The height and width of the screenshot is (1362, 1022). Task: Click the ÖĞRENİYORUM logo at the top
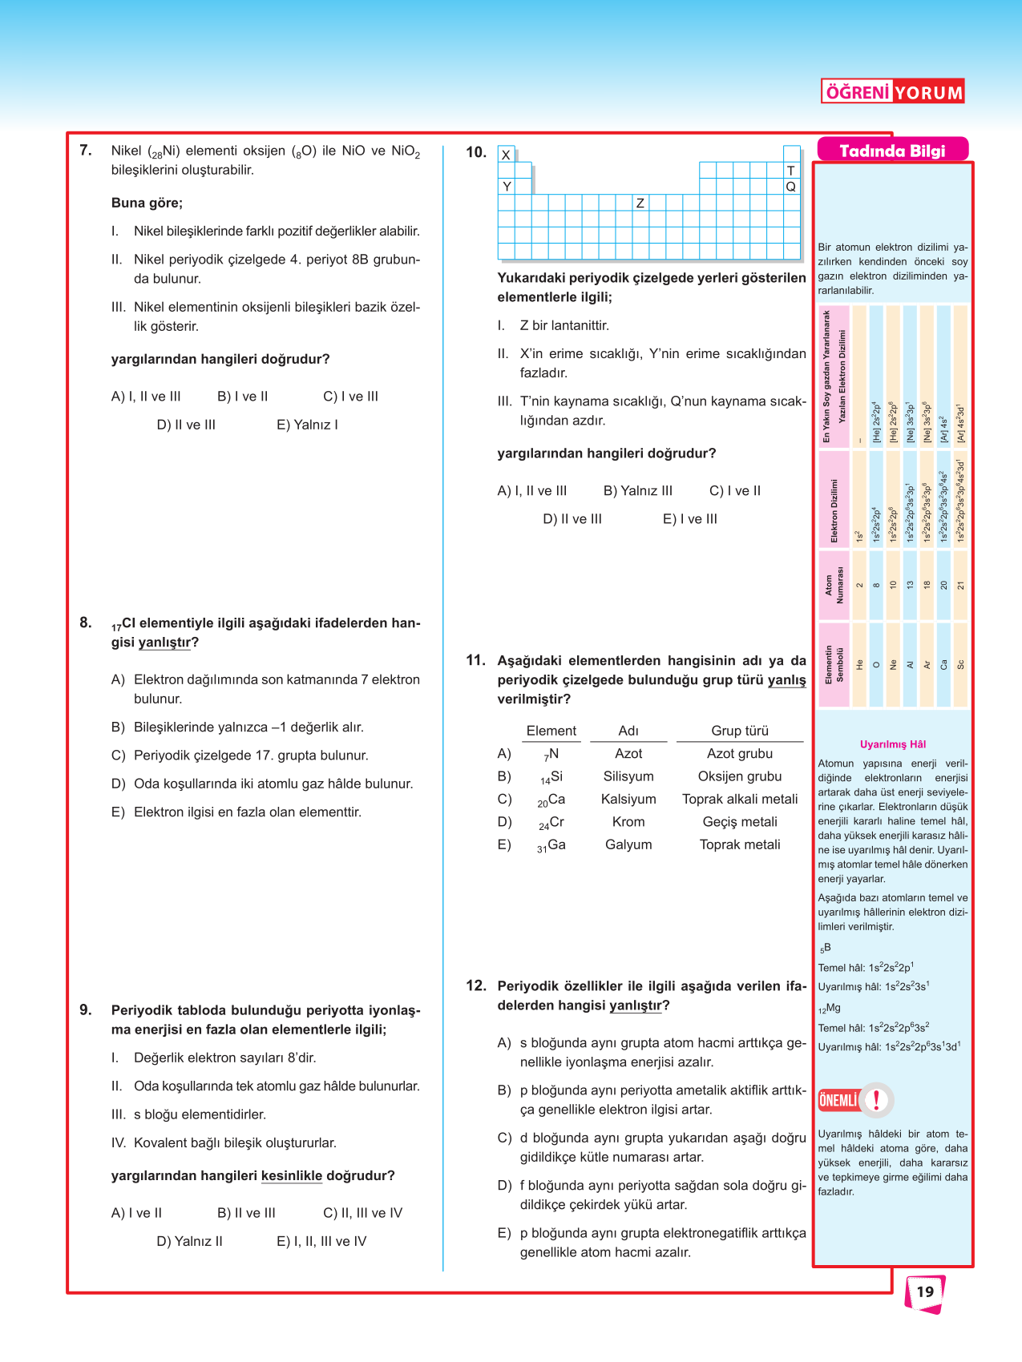pos(892,92)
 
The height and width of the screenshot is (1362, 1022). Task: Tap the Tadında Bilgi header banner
pos(892,151)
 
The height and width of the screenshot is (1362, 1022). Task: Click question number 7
pos(86,150)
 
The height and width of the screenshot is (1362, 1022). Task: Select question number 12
pos(476,985)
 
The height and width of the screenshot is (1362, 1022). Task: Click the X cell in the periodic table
pos(506,155)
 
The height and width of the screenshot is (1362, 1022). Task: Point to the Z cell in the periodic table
pos(640,203)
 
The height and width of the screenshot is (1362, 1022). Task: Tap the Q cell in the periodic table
pos(791,186)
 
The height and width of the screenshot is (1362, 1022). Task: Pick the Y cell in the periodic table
pos(506,186)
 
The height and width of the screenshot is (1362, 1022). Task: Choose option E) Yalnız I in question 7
pos(307,425)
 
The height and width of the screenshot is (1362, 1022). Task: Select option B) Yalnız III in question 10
pos(638,490)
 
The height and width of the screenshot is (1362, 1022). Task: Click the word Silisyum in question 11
pos(628,776)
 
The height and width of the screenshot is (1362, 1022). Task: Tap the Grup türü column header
pos(739,731)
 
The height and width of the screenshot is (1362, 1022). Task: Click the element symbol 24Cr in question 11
pos(551,822)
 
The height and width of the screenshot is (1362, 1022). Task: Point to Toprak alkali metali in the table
pos(739,799)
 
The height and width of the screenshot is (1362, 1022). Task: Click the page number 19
pos(925,1291)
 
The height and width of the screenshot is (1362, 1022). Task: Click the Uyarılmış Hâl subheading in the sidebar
pos(892,744)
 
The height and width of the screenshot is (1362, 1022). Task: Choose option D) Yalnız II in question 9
pos(190,1241)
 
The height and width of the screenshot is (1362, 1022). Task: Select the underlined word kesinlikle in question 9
pos(292,1175)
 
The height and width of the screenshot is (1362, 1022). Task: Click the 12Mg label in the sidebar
pos(830,1008)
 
